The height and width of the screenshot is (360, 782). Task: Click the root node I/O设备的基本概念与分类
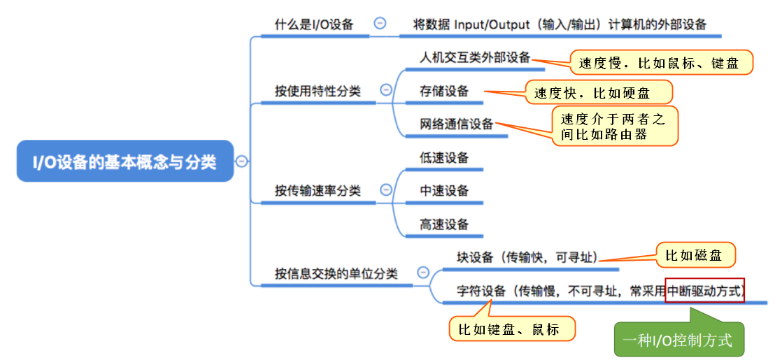[125, 161]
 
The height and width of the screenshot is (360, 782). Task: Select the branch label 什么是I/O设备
[313, 24]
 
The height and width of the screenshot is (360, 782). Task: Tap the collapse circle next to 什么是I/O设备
[380, 23]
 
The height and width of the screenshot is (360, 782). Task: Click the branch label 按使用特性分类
[318, 91]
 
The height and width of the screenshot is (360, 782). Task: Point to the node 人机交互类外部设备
[475, 57]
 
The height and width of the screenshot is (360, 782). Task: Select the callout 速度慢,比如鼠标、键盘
[660, 63]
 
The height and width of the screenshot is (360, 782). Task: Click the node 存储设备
[444, 91]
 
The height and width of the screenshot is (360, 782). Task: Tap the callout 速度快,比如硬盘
[598, 92]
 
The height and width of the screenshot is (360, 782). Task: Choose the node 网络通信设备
[456, 124]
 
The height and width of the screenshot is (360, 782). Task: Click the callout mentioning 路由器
[615, 127]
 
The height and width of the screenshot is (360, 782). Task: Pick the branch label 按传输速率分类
[318, 191]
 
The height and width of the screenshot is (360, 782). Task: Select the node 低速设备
[444, 157]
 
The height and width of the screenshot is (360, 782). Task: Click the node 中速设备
[444, 191]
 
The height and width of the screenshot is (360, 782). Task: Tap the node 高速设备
[444, 224]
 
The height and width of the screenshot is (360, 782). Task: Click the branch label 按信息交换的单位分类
[336, 273]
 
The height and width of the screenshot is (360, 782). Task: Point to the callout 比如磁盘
[695, 255]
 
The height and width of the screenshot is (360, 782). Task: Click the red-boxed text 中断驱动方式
[704, 290]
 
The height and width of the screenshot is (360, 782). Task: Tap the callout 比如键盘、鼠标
[511, 329]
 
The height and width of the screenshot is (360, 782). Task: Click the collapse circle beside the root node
[242, 161]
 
